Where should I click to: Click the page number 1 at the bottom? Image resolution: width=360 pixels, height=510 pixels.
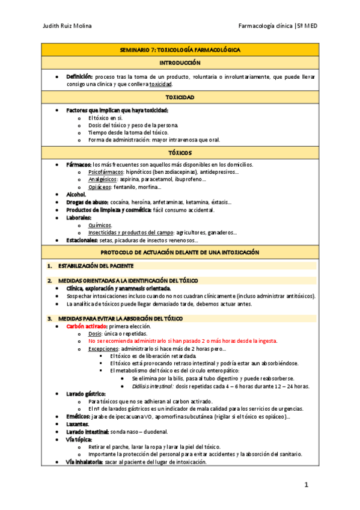tap(306, 485)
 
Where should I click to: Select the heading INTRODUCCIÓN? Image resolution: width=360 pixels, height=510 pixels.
tap(180, 63)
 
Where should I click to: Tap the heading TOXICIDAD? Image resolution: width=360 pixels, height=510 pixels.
tap(180, 97)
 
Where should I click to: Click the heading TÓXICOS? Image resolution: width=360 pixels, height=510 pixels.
tap(180, 153)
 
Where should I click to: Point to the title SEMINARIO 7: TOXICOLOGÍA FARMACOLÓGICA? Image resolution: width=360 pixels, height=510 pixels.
tap(180, 49)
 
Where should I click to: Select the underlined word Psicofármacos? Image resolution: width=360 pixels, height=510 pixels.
tap(102, 172)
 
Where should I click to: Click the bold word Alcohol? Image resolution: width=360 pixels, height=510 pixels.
tap(76, 195)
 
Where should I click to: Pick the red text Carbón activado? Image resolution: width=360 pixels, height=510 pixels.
tap(85, 326)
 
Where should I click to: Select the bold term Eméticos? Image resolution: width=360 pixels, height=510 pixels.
tap(78, 416)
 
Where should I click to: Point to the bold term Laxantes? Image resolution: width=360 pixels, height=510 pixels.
tap(78, 424)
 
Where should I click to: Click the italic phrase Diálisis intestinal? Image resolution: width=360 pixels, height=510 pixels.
tap(152, 386)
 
